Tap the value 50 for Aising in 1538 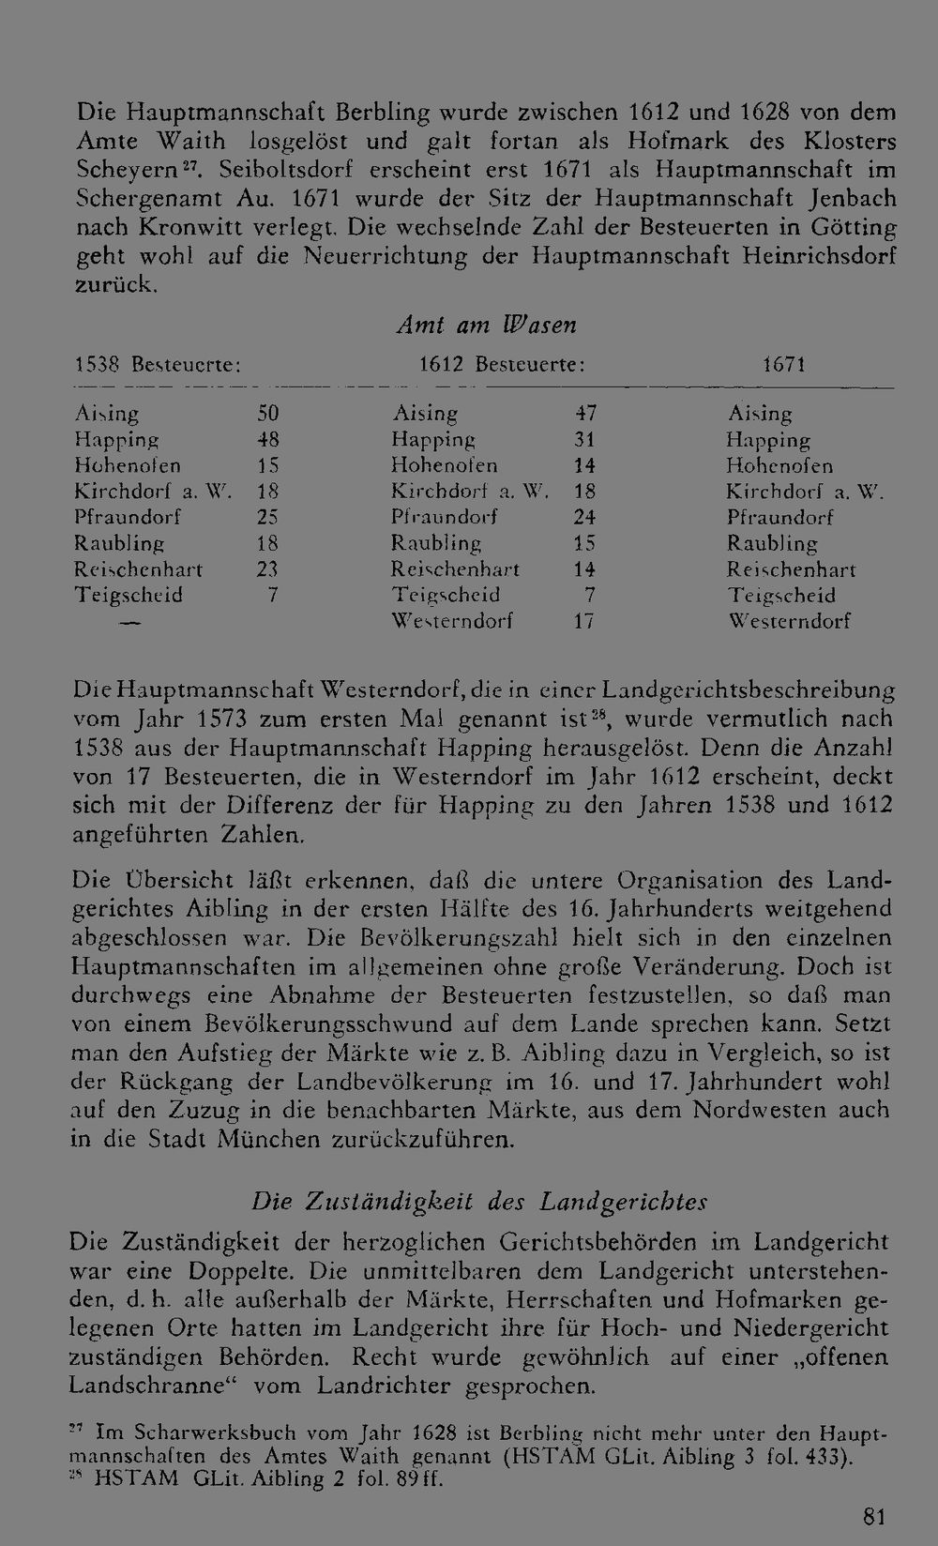pos(268,413)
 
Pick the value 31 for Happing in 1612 pos(585,439)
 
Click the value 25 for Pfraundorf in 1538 pos(268,517)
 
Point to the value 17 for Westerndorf pos(585,621)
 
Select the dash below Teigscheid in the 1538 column pos(131,622)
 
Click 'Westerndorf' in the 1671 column pos(790,621)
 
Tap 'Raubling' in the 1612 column pos(436,543)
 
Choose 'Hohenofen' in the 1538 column pos(128,465)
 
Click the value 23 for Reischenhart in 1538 pos(268,569)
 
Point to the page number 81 pos(873,1517)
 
